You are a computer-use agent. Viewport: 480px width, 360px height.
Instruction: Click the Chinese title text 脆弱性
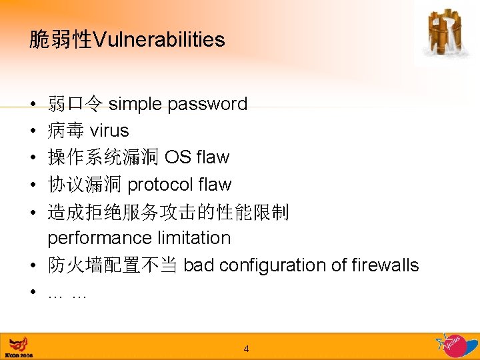60,40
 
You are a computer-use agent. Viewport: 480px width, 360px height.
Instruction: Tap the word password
207,104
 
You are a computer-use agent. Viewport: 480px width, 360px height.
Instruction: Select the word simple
135,104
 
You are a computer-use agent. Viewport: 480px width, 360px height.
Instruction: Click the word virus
109,131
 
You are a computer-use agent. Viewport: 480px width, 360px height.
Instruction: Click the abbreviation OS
177,157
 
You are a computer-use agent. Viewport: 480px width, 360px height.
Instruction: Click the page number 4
246,349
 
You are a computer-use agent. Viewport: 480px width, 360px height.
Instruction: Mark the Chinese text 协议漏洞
84,185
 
